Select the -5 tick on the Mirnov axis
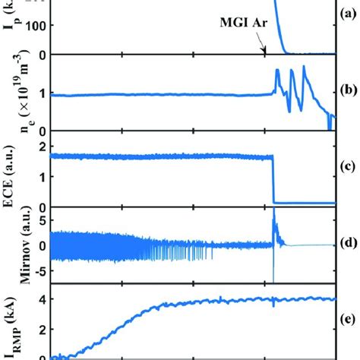(39, 270)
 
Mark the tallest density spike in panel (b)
(304, 68)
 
